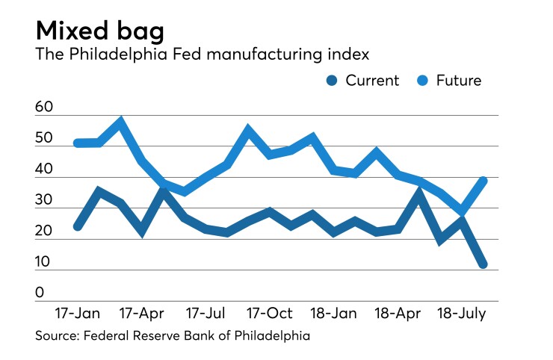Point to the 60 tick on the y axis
44,108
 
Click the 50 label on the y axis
44,139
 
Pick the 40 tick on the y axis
44,170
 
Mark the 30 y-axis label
44,200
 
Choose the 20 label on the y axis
44,232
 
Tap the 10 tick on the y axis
44,262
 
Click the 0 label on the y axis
40,293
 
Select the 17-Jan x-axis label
78,311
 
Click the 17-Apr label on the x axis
143,311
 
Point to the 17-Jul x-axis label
206,311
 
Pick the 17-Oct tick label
270,311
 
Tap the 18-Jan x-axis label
333,311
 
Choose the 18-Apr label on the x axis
398,311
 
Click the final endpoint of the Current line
484,264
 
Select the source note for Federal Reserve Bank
173,336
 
